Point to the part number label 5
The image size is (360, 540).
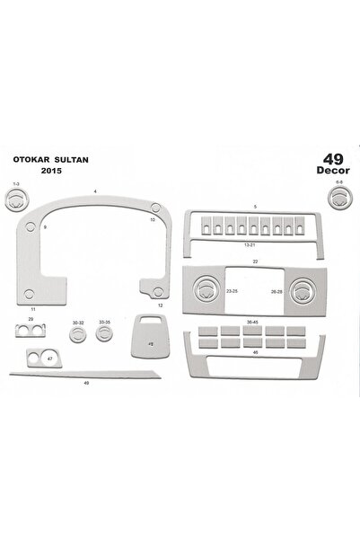click(x=255, y=208)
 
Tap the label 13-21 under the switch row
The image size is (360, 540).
click(x=255, y=243)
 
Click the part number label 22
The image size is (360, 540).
click(x=255, y=261)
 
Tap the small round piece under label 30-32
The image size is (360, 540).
click(x=79, y=335)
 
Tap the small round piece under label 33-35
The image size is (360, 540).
click(x=105, y=334)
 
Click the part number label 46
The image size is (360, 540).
click(x=256, y=352)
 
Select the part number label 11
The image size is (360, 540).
click(x=32, y=308)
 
